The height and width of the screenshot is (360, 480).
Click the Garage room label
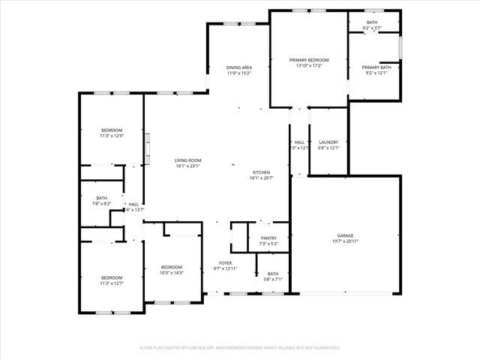coord(344,235)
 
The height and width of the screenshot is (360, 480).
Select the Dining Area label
coord(239,67)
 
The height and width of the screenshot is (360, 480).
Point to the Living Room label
coord(187,160)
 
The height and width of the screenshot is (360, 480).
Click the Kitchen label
coord(261,172)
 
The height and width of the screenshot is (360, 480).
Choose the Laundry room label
coord(328,142)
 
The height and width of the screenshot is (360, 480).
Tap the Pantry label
coord(268,238)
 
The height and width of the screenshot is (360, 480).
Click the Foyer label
coord(225,262)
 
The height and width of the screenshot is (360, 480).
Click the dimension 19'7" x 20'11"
coord(344,241)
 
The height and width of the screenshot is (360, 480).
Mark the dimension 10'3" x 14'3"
coord(171,273)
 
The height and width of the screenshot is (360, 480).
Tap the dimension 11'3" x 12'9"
coord(112,136)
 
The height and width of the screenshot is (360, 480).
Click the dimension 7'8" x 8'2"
coord(101,203)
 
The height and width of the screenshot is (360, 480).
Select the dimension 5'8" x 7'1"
coord(273,279)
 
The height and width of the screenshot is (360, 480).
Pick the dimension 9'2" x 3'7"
coord(372,28)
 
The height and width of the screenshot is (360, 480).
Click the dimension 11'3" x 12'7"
coord(112,283)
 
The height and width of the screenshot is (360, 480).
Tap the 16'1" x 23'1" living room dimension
coord(187,166)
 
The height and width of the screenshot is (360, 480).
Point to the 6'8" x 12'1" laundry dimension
coord(328,148)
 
